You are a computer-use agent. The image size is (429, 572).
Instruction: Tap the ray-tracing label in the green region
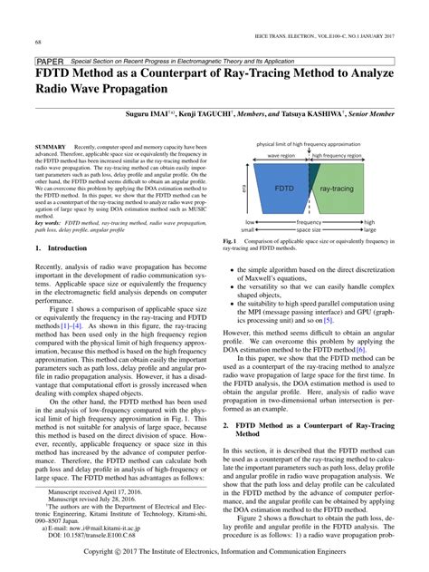337,189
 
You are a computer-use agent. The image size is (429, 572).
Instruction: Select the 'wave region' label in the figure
281,155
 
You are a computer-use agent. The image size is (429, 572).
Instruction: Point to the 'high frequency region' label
336,155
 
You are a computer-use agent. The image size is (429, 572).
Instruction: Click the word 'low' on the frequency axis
250,222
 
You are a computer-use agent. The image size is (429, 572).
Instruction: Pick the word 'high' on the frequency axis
369,222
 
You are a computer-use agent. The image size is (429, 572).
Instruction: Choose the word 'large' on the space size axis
369,230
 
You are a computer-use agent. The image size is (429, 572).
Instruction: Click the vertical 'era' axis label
243,189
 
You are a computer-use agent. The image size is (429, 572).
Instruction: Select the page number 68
39,42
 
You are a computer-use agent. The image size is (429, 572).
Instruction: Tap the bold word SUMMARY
50,145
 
